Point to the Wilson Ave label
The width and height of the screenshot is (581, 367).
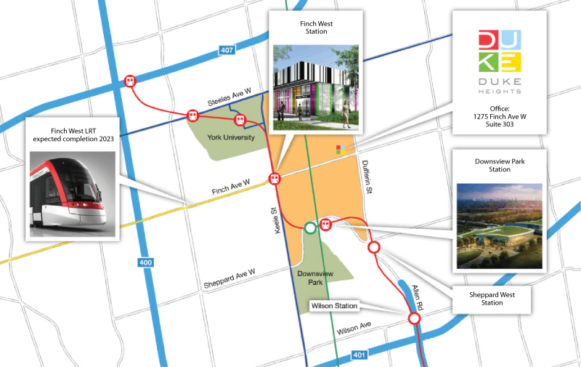354,330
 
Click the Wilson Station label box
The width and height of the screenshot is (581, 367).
335,306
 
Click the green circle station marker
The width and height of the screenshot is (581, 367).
310,227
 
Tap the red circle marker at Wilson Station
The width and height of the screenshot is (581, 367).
415,318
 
